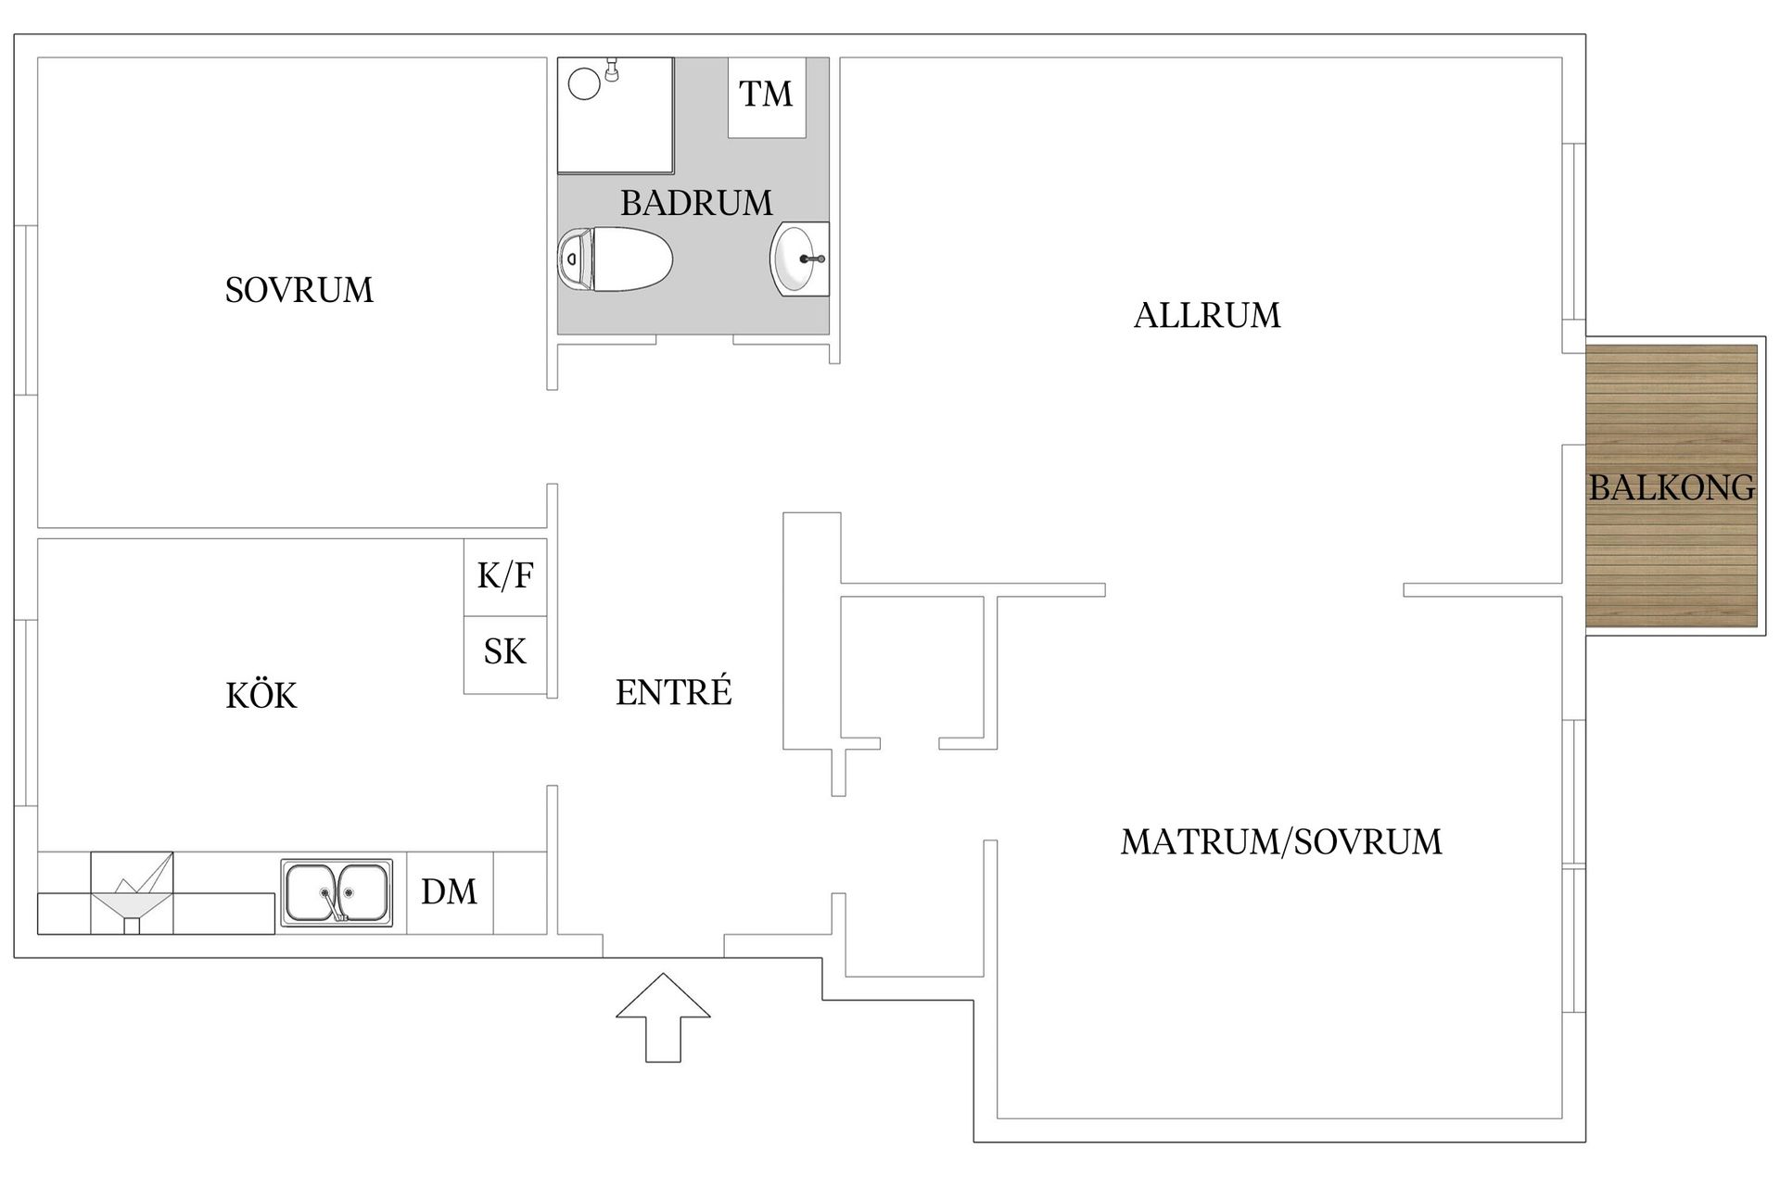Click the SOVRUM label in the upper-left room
(x=299, y=290)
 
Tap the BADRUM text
(x=696, y=203)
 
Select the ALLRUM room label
(x=1207, y=316)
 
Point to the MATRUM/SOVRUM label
(x=1281, y=841)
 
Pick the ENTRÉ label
(x=674, y=691)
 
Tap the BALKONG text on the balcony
(x=1672, y=487)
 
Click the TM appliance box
(x=767, y=97)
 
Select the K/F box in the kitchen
(x=505, y=576)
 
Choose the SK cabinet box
(x=505, y=654)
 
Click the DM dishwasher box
(x=450, y=892)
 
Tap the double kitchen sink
(x=336, y=893)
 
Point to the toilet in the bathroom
(x=615, y=259)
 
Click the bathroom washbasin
(x=799, y=259)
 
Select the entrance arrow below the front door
(x=664, y=1016)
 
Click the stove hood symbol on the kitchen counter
(x=132, y=893)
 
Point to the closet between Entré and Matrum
(x=912, y=667)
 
